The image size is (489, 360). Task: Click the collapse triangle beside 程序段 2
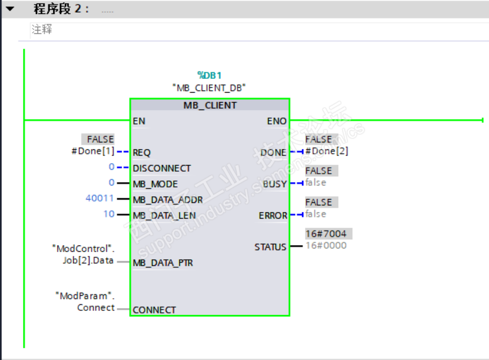coord(10,9)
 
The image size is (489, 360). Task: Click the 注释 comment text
coord(42,30)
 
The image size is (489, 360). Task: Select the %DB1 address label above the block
coord(209,75)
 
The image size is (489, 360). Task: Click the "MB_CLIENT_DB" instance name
coord(209,88)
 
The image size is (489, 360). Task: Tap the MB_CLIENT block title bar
coord(210,105)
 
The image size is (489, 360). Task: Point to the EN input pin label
coord(139,121)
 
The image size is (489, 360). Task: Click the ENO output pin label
coord(277,121)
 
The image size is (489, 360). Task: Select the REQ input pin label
coord(141,152)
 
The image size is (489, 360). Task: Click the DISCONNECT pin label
coord(161,168)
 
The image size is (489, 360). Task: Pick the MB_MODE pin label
coord(156,184)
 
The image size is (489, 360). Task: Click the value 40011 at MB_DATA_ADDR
coord(100,199)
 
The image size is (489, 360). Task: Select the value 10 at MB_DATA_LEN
coord(109,214)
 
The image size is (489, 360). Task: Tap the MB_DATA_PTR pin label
coord(163,263)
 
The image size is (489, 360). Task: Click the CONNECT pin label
coord(155,310)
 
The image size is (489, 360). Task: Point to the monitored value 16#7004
coord(325,234)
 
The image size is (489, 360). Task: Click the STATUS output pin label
coord(271,247)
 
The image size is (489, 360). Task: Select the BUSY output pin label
coord(275,184)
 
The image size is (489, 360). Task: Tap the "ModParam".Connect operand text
coord(84,301)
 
